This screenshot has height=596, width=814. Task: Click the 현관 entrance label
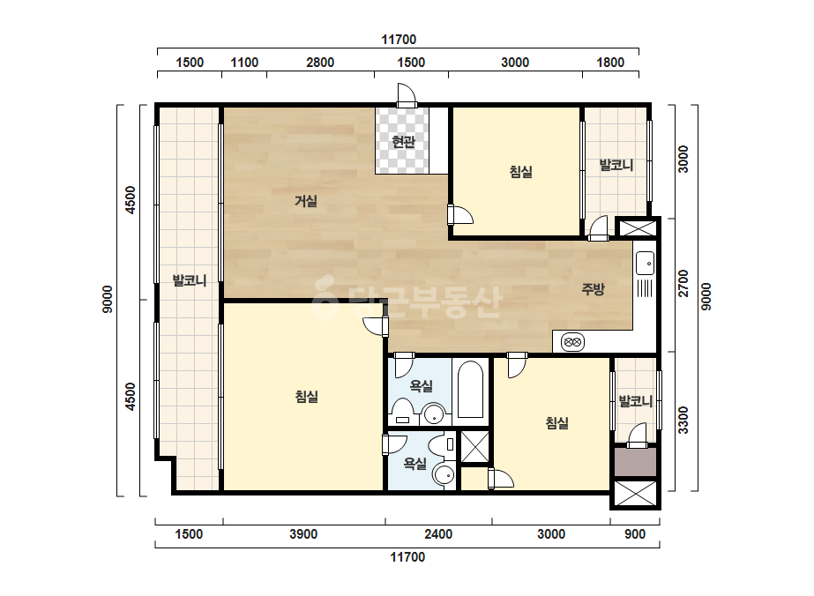coord(403,141)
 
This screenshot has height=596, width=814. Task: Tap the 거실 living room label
coord(306,200)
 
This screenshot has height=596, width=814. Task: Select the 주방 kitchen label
coord(593,288)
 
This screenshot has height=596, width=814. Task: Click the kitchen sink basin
coord(646,263)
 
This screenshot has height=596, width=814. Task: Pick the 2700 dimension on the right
coord(683,284)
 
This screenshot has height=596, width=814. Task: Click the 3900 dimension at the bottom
coord(303,534)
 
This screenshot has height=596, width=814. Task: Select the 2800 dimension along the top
coord(320,63)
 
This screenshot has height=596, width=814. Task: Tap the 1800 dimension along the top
coord(610,63)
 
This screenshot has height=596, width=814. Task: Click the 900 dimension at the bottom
coord(634,534)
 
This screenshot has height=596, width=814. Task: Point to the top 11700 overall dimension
coord(399,40)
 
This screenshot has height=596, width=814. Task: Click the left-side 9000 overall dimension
coord(108,299)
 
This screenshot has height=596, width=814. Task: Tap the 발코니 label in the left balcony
coord(190,281)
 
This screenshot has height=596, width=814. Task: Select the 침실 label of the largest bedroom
coord(306,397)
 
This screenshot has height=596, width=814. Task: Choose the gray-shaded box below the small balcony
coord(636,462)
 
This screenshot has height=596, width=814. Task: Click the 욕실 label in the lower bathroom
coord(415,464)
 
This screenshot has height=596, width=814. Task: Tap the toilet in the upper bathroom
coord(402,413)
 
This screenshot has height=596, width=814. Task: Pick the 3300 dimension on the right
coord(683,421)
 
